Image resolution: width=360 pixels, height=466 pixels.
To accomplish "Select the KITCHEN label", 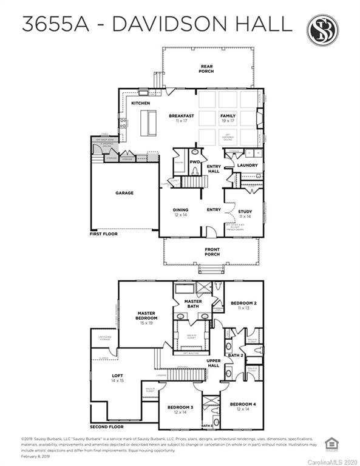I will coord(140,103).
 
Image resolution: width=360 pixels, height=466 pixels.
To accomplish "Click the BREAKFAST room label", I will coord(182,116).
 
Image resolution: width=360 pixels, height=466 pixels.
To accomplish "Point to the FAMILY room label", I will coord(228,116).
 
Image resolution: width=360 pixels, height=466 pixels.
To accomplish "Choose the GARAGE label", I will coord(124,193).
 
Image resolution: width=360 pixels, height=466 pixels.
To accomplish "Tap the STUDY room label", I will coord(245,212).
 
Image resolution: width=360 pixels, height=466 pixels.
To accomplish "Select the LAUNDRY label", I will coord(247,165).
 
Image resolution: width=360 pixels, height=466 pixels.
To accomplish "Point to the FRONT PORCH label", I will coord(212,252).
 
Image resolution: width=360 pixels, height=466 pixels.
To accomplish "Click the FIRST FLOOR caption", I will coord(104,234).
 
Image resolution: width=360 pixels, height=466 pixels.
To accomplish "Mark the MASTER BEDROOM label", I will coord(147,316).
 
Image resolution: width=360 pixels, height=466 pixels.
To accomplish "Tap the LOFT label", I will coord(117,376).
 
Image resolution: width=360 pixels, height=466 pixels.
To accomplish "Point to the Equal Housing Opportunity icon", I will coord(332,444).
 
